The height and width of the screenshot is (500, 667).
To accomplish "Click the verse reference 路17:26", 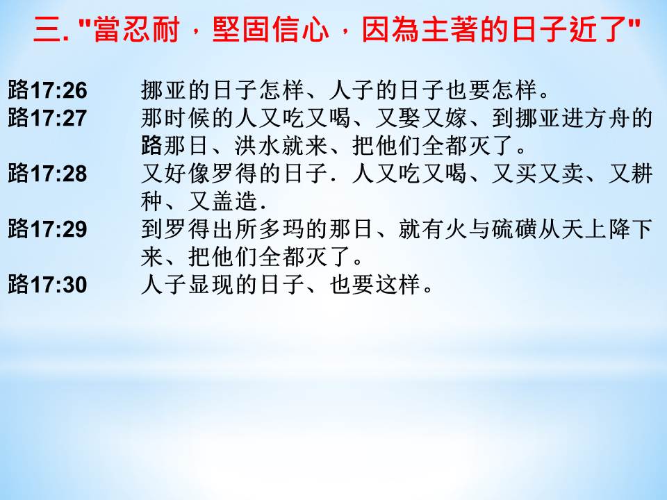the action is tap(48, 90).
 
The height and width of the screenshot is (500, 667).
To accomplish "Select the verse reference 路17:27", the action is tap(48, 118).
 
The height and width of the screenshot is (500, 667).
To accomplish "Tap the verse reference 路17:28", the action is tap(48, 174).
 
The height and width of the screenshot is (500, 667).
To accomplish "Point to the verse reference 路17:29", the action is tap(48, 228).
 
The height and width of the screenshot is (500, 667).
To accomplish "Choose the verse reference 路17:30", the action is tap(48, 284).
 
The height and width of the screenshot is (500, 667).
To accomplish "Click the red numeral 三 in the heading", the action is tap(48, 30).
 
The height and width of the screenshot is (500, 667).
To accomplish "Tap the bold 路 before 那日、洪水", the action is tap(152, 146).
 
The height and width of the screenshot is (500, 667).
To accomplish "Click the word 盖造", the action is tap(236, 201).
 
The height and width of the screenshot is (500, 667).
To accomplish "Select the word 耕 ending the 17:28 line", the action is tap(642, 174).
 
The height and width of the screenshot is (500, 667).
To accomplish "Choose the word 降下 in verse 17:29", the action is tap(630, 229).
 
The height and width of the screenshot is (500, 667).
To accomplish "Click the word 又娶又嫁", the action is tap(422, 118).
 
